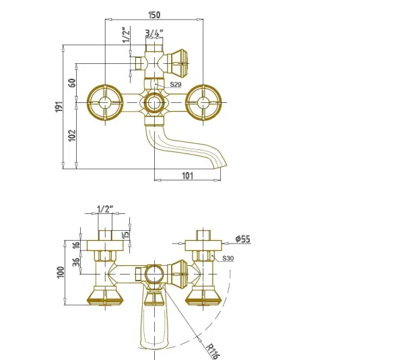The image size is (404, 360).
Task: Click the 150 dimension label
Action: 154,15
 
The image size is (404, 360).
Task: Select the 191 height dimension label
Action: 59,106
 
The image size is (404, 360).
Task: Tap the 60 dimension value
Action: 73,83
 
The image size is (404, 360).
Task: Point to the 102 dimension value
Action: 72,135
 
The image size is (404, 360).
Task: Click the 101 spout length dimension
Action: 187,176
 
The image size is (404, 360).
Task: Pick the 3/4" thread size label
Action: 154,33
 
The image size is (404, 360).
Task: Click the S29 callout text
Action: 176,84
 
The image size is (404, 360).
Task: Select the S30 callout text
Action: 228,258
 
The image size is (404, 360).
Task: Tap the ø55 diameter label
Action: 243,239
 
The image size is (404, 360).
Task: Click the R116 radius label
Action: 213,351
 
